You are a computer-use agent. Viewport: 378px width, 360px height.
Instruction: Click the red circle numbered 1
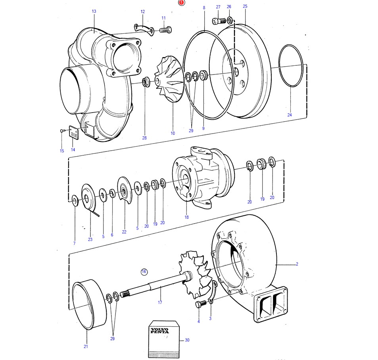click(x=181, y=3)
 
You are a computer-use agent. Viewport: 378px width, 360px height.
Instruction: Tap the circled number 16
click(x=144, y=272)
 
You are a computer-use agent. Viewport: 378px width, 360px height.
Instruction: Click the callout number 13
click(x=94, y=11)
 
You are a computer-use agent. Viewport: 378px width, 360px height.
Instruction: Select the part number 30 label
click(x=187, y=340)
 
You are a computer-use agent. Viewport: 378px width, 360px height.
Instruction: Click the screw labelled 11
click(x=165, y=30)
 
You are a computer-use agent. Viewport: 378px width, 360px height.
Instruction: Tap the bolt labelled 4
click(x=200, y=304)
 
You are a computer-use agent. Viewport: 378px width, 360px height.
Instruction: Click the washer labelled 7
click(x=75, y=198)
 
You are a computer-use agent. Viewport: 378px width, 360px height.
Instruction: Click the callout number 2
click(x=297, y=264)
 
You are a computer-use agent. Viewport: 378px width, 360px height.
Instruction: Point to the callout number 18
click(x=186, y=217)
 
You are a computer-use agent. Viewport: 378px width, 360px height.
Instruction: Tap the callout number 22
click(x=124, y=232)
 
